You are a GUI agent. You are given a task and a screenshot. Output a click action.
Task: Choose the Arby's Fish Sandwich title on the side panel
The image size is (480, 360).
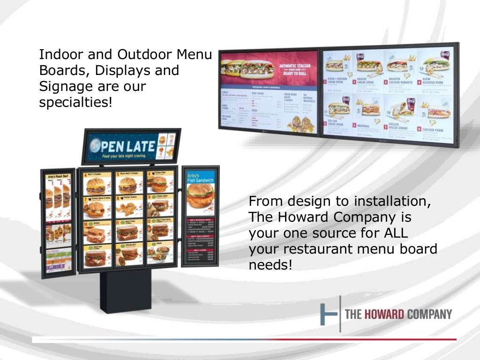click(x=200, y=178)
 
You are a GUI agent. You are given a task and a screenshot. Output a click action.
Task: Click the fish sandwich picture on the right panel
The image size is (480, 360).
click(x=200, y=197)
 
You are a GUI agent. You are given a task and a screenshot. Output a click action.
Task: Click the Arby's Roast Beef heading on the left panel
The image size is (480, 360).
click(x=58, y=177)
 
